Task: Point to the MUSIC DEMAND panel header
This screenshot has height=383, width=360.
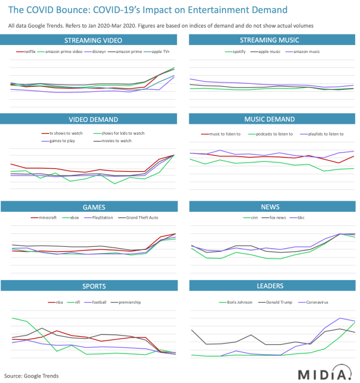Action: (270, 118)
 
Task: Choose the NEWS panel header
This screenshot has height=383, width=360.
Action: (270, 208)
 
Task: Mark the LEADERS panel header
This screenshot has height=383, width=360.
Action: (270, 286)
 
